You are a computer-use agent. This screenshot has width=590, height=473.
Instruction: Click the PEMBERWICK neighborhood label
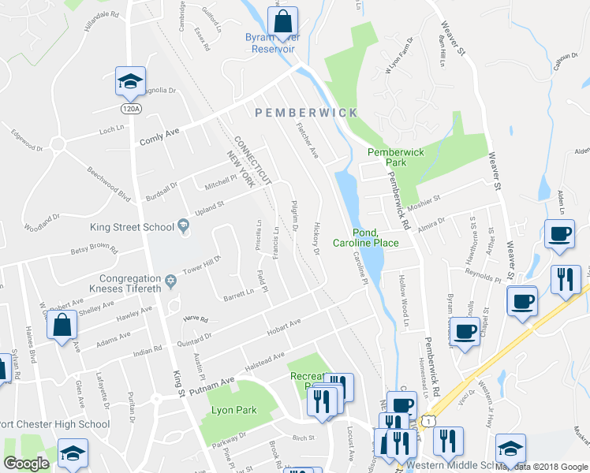click(x=306, y=113)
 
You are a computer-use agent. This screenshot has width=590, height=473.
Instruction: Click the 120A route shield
click(x=131, y=108)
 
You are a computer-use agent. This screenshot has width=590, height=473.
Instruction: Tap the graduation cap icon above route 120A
click(x=131, y=80)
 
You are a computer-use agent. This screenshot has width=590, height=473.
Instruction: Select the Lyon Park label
click(x=235, y=411)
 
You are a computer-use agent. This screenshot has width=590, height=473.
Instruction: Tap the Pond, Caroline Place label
click(x=365, y=237)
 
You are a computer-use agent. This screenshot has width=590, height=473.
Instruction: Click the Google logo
click(x=26, y=464)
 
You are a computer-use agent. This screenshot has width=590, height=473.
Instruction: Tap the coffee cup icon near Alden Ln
click(x=559, y=234)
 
